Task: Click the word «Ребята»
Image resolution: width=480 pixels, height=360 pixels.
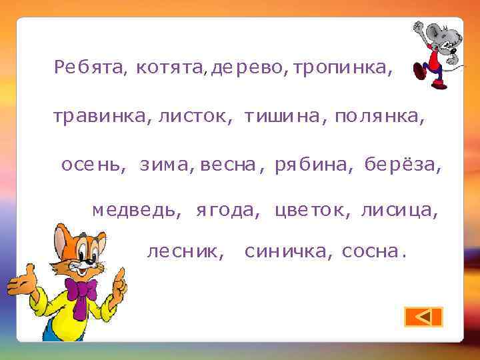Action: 89,67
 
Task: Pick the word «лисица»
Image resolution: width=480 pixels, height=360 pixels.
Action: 398,211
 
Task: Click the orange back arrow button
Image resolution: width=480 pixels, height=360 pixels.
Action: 423,317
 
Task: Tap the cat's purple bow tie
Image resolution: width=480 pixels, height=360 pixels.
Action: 81,293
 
